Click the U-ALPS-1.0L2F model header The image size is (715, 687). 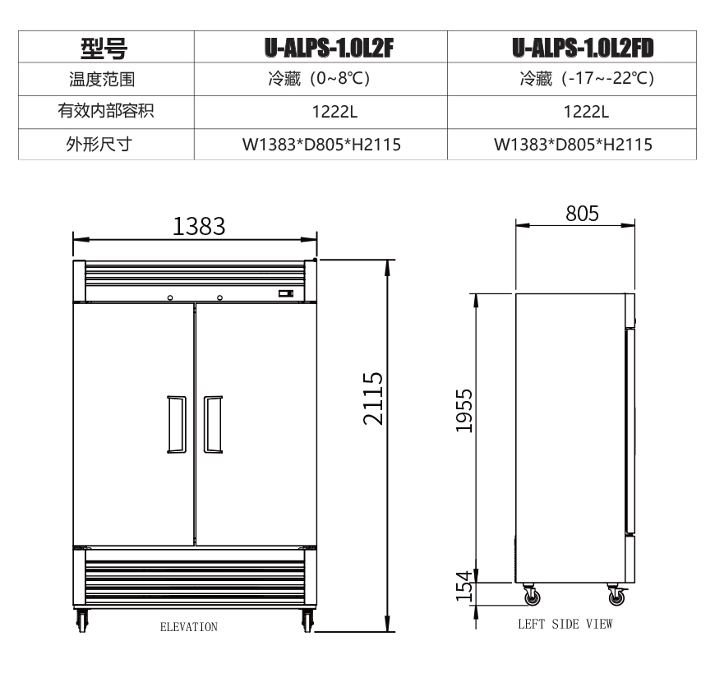(x=329, y=48)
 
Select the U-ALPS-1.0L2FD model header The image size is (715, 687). (x=583, y=48)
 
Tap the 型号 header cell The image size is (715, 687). (x=104, y=48)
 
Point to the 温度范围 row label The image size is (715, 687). (x=102, y=80)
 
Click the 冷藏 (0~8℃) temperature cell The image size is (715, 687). (x=319, y=78)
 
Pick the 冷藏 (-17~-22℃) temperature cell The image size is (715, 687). (x=587, y=78)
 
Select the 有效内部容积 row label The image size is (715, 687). (x=106, y=111)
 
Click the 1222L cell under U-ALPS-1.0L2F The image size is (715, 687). (x=334, y=112)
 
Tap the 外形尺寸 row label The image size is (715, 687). (x=99, y=144)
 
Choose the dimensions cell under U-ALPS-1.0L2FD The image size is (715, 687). (x=573, y=145)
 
